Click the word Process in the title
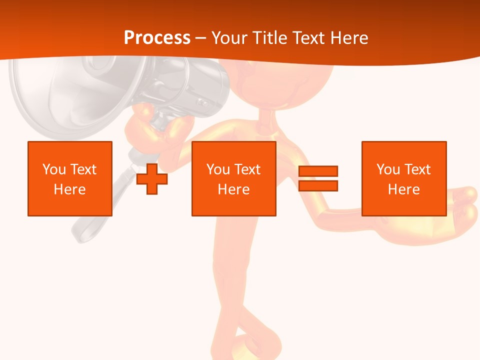click(157, 37)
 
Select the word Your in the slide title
click(230, 38)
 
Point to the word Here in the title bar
click(347, 38)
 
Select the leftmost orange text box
click(69, 178)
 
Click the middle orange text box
click(233, 178)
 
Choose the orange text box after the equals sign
click(403, 178)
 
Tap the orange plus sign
click(152, 178)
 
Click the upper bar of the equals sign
click(318, 171)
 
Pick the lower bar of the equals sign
click(318, 186)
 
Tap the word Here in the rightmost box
click(403, 189)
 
